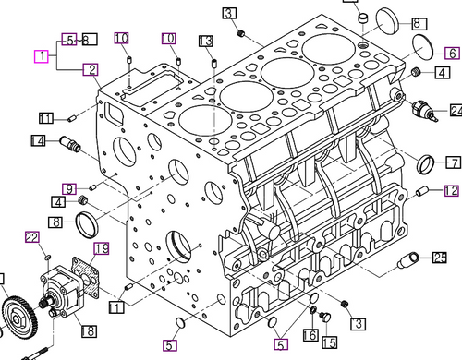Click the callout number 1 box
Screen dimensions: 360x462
coord(42,56)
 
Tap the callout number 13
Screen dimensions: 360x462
coord(205,42)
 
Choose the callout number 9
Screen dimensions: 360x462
coord(69,189)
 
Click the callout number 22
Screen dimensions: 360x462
coord(30,238)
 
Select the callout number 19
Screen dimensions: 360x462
coord(101,248)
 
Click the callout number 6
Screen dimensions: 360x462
coord(453,53)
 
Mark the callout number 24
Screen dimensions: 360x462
coord(456,110)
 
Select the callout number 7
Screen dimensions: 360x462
coord(454,162)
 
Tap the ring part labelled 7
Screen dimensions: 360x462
coord(427,165)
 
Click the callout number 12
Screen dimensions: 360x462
coord(450,191)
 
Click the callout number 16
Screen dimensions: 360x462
coord(311,334)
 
